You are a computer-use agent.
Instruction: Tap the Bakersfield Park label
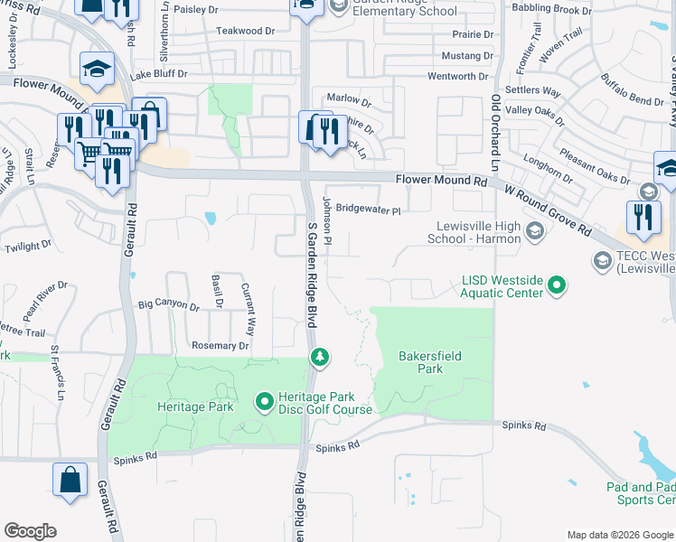[431, 362]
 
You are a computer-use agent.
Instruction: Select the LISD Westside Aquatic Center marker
[558, 286]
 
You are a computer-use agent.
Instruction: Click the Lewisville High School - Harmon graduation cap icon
[535, 232]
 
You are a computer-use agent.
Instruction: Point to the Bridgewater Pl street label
[367, 208]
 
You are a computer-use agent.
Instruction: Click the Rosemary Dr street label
[220, 346]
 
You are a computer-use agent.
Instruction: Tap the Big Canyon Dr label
[168, 306]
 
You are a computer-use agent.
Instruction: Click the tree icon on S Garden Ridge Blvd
[319, 358]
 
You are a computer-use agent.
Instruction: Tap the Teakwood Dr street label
[245, 31]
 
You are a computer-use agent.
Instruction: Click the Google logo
[30, 531]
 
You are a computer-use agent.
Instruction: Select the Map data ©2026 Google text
[619, 535]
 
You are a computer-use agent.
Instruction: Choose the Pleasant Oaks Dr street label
[593, 166]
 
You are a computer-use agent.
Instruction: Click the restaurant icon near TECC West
[643, 218]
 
